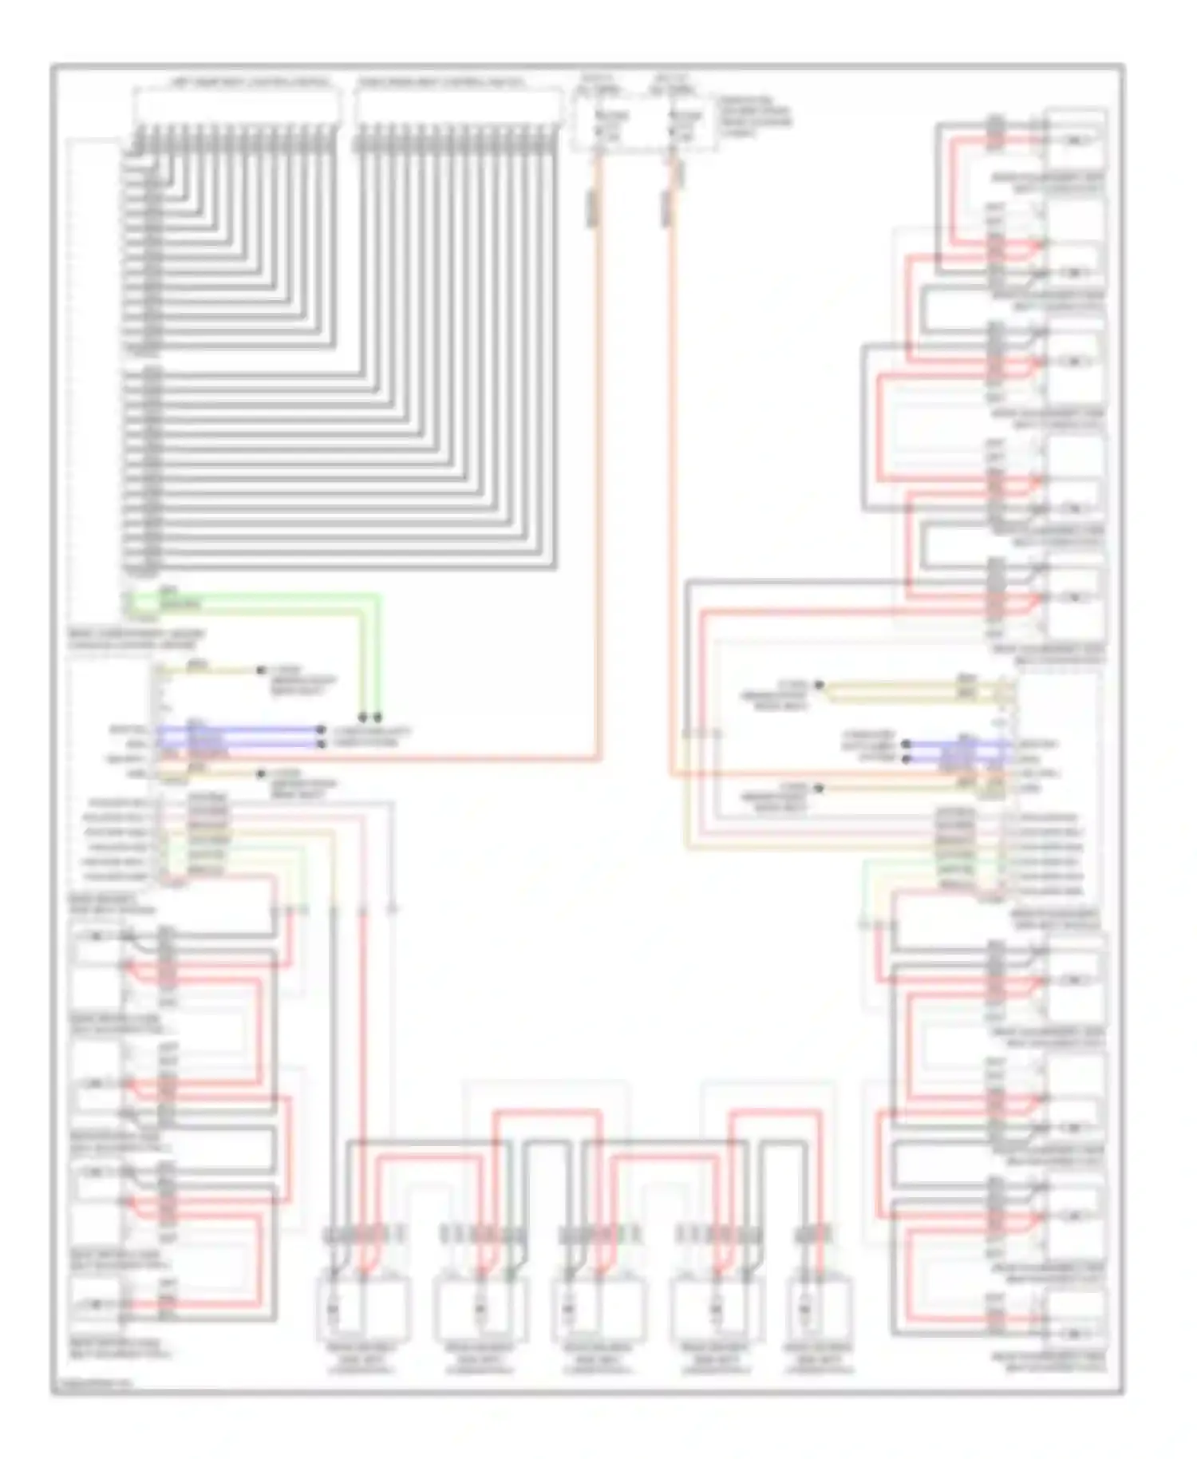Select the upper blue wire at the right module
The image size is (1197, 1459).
click(958, 744)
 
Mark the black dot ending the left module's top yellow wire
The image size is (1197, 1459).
click(261, 670)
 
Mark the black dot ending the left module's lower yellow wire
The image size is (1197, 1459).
click(261, 773)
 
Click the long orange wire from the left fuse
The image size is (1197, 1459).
click(597, 479)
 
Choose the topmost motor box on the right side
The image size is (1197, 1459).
click(1075, 140)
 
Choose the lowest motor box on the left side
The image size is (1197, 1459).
click(96, 1304)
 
